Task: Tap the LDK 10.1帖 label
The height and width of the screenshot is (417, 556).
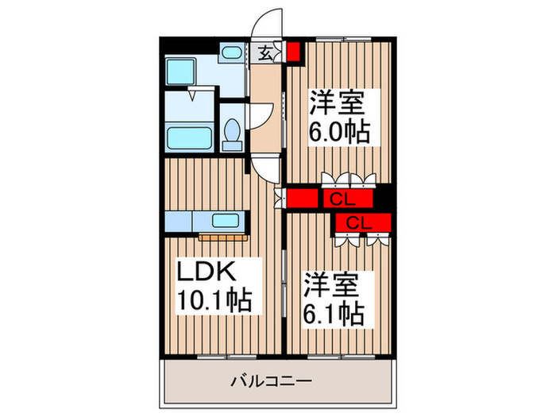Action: tap(211, 286)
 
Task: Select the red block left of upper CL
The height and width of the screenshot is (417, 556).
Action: tap(303, 199)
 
